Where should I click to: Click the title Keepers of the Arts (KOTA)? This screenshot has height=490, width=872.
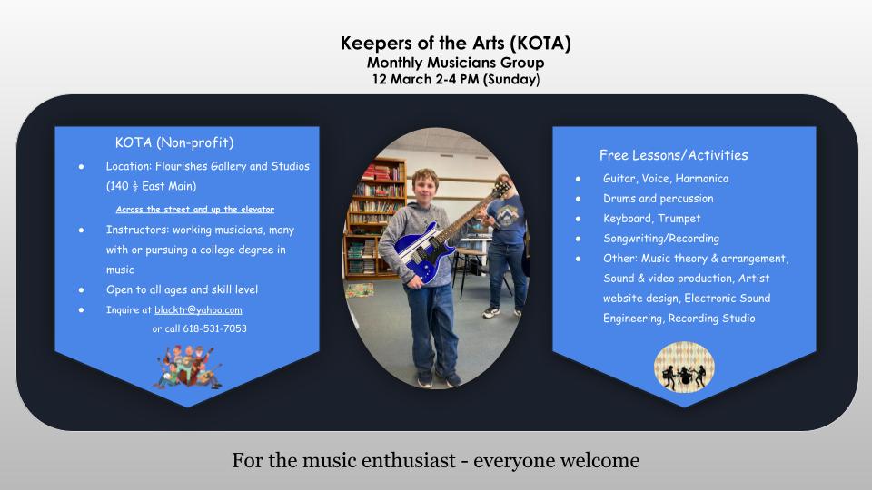click(455, 44)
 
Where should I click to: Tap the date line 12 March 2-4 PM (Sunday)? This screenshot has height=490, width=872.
click(456, 80)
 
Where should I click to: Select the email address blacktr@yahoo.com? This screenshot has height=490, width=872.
click(198, 310)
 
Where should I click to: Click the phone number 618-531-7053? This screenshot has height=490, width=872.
click(214, 328)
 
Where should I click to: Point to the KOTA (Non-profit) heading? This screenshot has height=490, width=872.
click(174, 142)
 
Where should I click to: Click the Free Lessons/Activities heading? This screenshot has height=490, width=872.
click(673, 155)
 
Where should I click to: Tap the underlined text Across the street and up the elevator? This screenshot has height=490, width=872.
click(194, 210)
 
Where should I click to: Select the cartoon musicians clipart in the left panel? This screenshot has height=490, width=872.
click(189, 367)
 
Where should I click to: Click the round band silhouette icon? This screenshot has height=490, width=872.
click(684, 367)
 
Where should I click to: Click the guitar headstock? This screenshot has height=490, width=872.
click(501, 189)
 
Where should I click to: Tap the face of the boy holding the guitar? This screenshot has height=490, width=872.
click(425, 187)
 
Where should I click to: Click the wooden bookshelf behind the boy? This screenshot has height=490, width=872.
click(374, 218)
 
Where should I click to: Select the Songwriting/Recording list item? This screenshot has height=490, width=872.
click(661, 239)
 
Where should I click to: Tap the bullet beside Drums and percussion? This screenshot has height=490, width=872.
click(579, 199)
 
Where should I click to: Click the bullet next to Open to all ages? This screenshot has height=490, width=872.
click(81, 290)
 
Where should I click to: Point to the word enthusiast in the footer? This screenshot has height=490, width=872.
click(409, 461)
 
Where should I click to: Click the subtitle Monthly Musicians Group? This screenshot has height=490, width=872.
click(455, 63)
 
